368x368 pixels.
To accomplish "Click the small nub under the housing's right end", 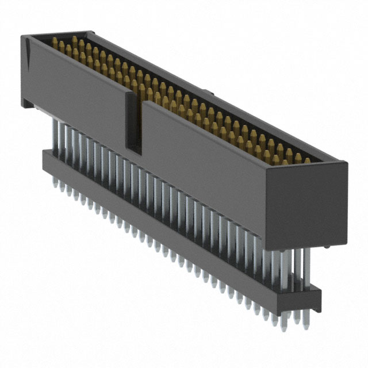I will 325,247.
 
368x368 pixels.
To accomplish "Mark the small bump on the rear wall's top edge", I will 210,92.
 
